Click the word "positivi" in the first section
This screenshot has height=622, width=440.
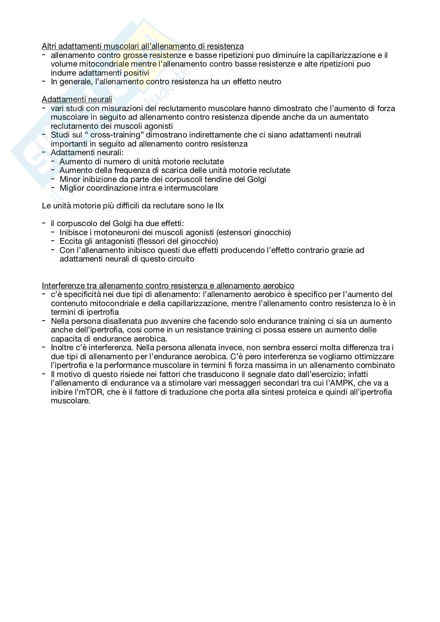coord(136,73)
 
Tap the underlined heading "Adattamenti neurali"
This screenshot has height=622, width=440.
coord(77,100)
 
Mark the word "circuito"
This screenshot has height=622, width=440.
coord(180,259)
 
